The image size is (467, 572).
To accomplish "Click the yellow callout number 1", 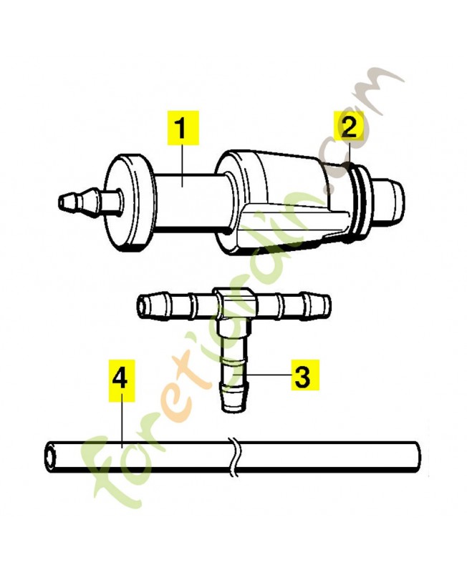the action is click(183, 128).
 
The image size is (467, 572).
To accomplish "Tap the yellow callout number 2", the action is click(349, 127).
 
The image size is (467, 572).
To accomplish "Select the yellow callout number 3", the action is click(304, 375).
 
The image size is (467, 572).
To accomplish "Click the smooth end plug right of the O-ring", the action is click(387, 199).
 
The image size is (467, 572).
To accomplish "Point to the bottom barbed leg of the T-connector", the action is click(234, 368).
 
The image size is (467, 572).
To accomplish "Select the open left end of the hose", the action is click(49, 457).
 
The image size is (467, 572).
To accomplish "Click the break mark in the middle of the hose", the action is click(235, 457).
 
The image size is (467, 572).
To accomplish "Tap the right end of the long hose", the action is click(416, 457).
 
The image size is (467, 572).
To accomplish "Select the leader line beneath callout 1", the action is click(182, 164).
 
